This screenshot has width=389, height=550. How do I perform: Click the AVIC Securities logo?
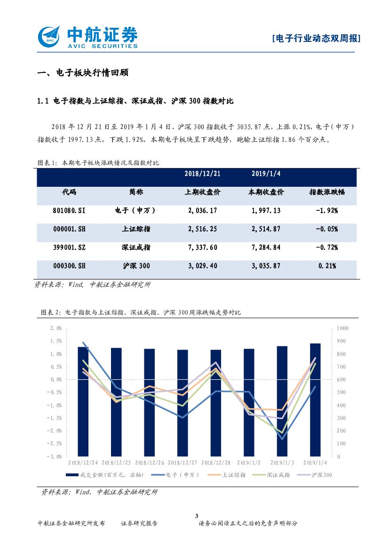(87, 37)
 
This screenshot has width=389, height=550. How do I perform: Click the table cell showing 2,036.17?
(202, 210)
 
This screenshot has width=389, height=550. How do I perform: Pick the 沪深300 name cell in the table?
(136, 266)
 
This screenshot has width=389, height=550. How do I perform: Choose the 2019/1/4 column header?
(266, 174)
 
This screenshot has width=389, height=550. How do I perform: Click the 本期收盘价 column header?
(266, 192)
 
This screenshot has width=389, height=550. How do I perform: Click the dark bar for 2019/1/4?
(315, 399)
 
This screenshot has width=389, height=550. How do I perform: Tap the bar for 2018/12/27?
(183, 403)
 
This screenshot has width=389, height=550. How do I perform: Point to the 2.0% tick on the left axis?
(56, 328)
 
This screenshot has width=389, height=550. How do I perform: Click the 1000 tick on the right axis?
(342, 328)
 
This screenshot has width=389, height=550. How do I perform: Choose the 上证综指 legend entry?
(233, 475)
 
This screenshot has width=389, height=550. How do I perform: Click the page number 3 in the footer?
(197, 516)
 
